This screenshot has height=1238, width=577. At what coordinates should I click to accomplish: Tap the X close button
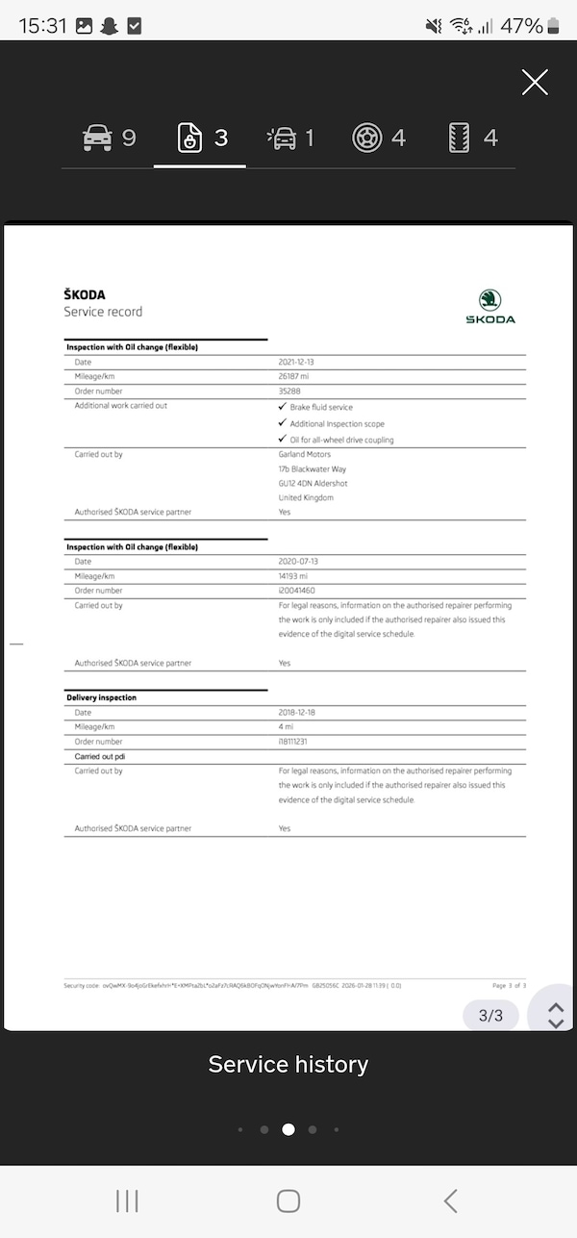pos(535,83)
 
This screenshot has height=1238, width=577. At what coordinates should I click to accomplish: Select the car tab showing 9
pos(109,139)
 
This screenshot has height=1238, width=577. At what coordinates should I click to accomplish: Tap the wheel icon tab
pos(379,139)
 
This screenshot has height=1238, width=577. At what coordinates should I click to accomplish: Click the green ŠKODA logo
pos(490,307)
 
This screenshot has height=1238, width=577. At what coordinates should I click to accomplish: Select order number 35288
pos(289,392)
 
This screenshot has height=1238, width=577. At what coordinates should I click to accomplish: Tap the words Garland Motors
pos(305,454)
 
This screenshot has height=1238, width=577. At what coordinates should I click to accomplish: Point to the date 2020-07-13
pos(298,561)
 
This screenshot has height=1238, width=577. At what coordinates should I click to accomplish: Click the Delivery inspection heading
pos(101,697)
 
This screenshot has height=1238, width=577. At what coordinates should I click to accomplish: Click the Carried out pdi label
pos(100,756)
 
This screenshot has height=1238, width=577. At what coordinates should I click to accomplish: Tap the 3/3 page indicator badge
pos(490,1015)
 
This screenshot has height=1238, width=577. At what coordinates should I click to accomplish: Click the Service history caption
pos(288,1065)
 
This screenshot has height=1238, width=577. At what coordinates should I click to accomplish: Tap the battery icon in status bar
pos(556,26)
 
